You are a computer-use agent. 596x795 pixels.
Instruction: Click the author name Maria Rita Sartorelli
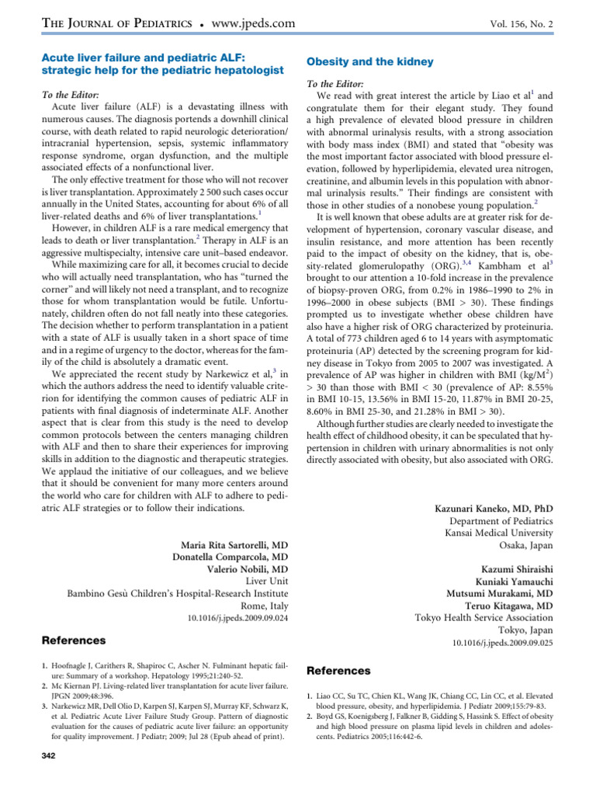click(x=230, y=544)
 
